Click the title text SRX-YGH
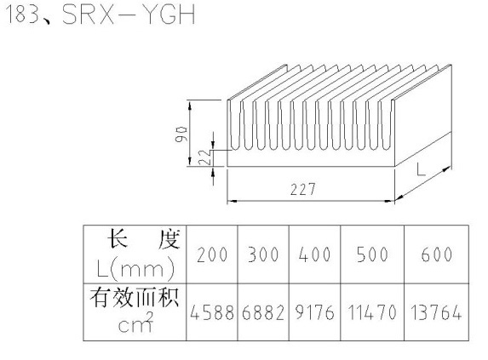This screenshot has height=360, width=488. [129, 14]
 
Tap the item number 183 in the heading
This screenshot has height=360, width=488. [22, 14]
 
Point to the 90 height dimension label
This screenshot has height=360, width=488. [181, 134]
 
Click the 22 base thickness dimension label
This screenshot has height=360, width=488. [204, 157]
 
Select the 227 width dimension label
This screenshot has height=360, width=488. [303, 189]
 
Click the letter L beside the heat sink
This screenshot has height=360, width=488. [421, 170]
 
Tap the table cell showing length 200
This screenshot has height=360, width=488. [212, 254]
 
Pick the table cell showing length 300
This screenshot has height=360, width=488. [263, 254]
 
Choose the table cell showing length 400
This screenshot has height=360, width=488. [314, 254]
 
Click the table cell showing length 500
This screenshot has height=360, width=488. [372, 254]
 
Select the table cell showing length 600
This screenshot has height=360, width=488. [436, 254]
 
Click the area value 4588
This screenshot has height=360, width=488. [212, 312]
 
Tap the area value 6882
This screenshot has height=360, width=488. [263, 312]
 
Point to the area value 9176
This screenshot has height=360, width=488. [314, 312]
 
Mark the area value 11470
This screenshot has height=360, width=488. [372, 312]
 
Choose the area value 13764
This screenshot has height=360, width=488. [436, 312]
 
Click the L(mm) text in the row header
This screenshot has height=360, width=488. [135, 269]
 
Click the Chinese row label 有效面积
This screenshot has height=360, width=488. [135, 298]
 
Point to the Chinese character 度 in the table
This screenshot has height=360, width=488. [169, 239]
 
